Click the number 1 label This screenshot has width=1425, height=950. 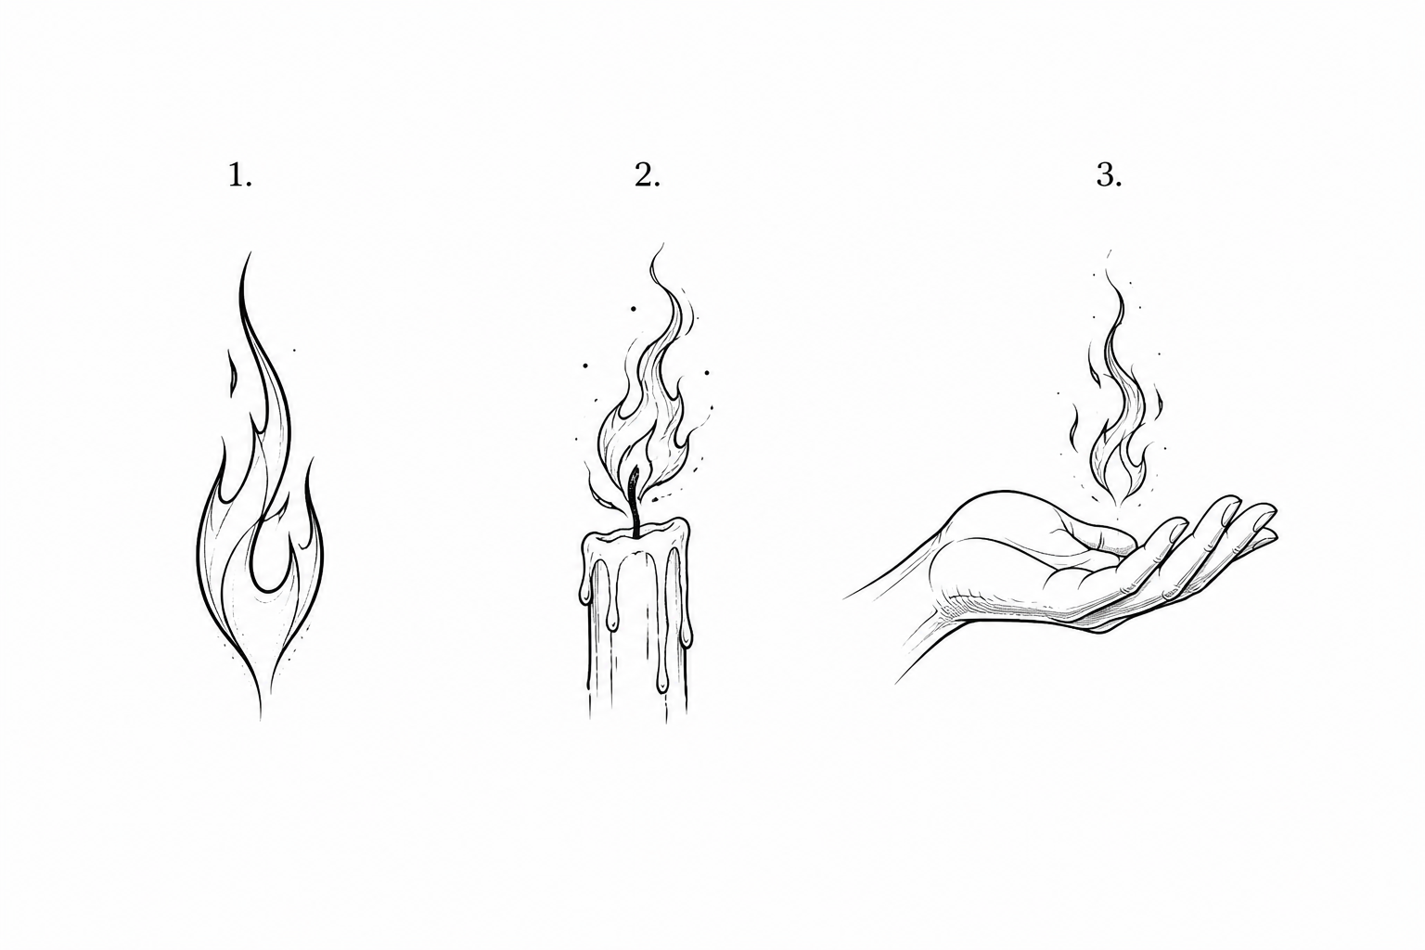tap(240, 175)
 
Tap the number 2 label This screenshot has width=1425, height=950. tap(647, 175)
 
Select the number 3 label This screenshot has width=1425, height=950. tap(1109, 175)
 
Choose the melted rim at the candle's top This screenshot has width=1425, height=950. tap(635, 533)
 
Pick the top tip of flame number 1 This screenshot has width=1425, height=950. tap(249, 253)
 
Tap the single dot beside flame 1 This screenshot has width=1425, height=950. tap(294, 350)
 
